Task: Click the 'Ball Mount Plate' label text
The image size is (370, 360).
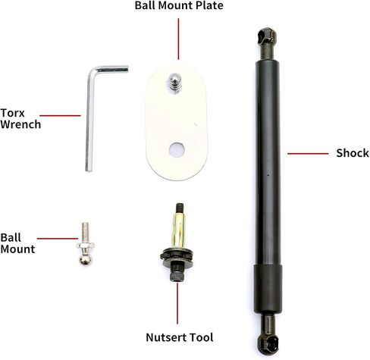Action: [x=179, y=5]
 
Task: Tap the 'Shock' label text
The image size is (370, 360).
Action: [x=353, y=153]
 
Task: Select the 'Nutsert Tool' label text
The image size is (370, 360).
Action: [x=180, y=337]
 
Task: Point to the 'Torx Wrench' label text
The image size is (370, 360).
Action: [x=20, y=119]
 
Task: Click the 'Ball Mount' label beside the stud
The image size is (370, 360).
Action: [x=17, y=243]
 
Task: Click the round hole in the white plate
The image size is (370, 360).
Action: [x=177, y=149]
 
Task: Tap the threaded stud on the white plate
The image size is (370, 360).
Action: [x=174, y=83]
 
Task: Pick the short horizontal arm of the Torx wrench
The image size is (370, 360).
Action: [x=111, y=69]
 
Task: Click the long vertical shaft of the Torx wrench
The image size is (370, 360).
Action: [x=89, y=121]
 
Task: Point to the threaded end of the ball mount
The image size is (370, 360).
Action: [x=85, y=232]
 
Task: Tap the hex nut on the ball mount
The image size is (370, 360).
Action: [x=85, y=246]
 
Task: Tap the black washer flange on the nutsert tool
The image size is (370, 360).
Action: [x=177, y=255]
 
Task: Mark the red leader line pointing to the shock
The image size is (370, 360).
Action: [x=308, y=153]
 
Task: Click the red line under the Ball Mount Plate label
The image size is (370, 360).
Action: [x=178, y=39]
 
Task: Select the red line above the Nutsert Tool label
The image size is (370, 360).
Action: [x=177, y=303]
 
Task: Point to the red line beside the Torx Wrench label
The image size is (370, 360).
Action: [x=60, y=116]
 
